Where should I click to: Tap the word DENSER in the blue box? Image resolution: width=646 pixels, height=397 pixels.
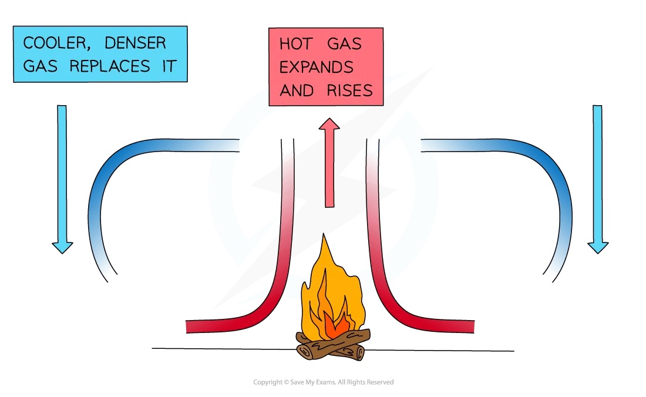point(137,43)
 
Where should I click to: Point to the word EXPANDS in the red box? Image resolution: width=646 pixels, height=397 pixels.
point(317,68)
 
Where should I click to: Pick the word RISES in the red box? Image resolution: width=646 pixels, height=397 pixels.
point(351,90)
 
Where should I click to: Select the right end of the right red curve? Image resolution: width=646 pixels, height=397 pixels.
point(474,327)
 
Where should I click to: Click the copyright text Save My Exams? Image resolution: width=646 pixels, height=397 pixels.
point(323,382)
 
